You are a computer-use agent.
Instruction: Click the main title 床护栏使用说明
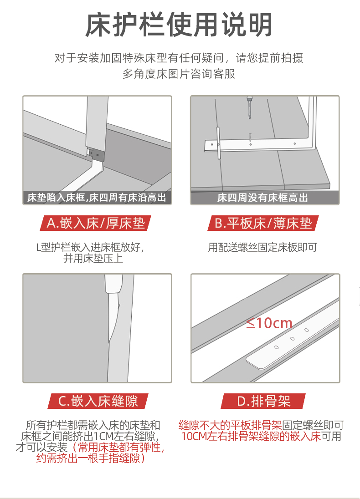tap(179, 25)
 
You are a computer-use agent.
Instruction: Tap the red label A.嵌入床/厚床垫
tap(95, 223)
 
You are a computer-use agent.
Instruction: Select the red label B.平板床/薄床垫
tap(263, 223)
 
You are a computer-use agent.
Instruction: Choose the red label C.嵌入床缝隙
tap(98, 401)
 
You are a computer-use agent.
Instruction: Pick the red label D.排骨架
tap(263, 401)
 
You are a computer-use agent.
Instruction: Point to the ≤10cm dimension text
tap(269, 323)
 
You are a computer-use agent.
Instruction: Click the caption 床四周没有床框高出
tap(263, 198)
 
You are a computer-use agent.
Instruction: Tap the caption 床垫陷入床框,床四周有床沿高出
tap(97, 198)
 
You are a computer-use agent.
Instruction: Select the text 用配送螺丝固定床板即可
tap(263, 247)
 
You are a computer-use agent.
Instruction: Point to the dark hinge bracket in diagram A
tap(97, 155)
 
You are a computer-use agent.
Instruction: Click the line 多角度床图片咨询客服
tap(179, 74)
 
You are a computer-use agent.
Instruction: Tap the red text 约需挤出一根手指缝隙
tap(91, 458)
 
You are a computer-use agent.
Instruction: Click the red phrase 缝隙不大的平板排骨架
tap(230, 425)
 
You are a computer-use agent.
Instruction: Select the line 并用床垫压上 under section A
tap(93, 259)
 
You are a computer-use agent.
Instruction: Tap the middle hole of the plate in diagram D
tap(293, 339)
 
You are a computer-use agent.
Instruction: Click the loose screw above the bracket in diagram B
tap(251, 137)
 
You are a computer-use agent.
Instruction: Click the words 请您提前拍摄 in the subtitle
tap(269, 58)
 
